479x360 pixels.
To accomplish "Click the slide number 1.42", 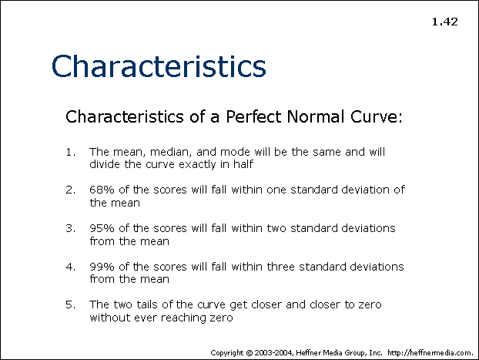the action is click(x=445, y=22).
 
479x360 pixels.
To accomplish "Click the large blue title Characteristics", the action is click(x=159, y=66).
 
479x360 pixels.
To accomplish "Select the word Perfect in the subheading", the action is click(x=253, y=116).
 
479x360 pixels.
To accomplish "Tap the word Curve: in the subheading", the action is click(x=376, y=116).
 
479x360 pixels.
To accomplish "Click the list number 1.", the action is click(x=71, y=152).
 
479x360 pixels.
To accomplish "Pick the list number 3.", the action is click(x=71, y=228).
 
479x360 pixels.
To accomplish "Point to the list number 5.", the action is click(x=71, y=304).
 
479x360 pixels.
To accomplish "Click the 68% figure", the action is click(x=102, y=190).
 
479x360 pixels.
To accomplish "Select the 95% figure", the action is click(x=102, y=228).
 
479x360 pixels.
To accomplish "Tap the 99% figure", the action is click(x=102, y=267).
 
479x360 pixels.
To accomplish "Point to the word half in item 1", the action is click(x=243, y=164).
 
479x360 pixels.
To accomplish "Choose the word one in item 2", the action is click(x=276, y=190).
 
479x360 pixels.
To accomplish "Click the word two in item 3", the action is click(x=276, y=228).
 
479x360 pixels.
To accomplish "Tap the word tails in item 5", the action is click(x=147, y=304).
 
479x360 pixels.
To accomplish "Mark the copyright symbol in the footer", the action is click(x=250, y=353).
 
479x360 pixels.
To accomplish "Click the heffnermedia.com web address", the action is click(x=430, y=353).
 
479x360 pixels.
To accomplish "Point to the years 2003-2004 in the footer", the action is click(x=274, y=353).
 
